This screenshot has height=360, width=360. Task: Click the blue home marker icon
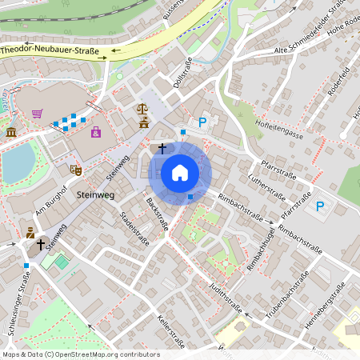pos(180,172)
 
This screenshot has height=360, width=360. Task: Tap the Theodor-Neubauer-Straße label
pos(50,50)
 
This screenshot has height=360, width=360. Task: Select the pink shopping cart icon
pos(37,114)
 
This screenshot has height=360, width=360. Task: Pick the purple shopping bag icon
pos(96,131)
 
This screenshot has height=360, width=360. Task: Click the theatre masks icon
pos(76,170)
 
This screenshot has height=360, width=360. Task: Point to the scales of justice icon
pos(143,106)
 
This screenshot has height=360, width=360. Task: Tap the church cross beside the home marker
pos(162,148)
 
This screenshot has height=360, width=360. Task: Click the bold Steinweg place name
pos(96,194)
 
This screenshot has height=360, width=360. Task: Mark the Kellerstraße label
pos(171,331)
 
